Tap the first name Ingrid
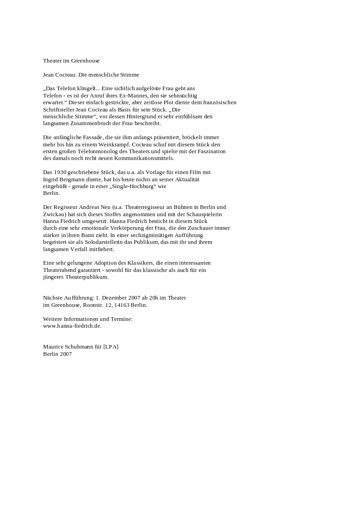tap(51, 179)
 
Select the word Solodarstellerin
tap(103, 242)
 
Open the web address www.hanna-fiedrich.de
tap(72, 326)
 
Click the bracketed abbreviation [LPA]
tap(111, 347)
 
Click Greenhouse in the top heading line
tap(85, 61)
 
